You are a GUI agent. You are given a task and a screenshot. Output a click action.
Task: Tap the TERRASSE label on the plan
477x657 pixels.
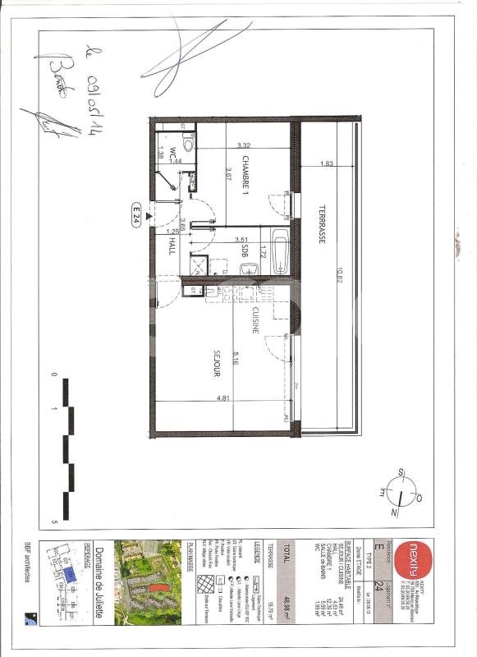(x=323, y=223)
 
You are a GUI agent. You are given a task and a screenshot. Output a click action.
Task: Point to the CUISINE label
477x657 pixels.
(x=255, y=315)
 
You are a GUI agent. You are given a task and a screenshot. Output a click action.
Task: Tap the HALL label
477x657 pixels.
(x=172, y=246)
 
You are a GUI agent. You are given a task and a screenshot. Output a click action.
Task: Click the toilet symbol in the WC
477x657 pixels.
(x=189, y=145)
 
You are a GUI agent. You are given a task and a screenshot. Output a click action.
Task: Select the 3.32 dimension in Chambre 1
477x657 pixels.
(x=244, y=145)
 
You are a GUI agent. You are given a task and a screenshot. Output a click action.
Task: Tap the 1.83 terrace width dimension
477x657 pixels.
(x=327, y=163)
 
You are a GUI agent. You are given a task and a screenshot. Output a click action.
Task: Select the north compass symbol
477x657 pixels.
(x=401, y=493)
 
